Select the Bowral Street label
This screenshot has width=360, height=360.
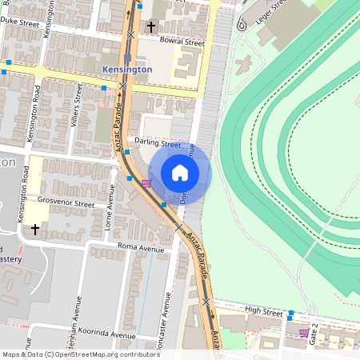click(182, 41)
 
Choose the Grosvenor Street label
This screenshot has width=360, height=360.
click(66, 203)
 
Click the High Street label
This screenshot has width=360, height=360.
click(265, 310)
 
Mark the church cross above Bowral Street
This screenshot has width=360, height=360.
click(151, 27)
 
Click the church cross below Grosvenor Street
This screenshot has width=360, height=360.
click(34, 230)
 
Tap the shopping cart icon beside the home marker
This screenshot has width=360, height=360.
click(146, 182)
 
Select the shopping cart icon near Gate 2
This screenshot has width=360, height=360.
click(303, 332)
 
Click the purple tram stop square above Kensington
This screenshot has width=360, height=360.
click(127, 58)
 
